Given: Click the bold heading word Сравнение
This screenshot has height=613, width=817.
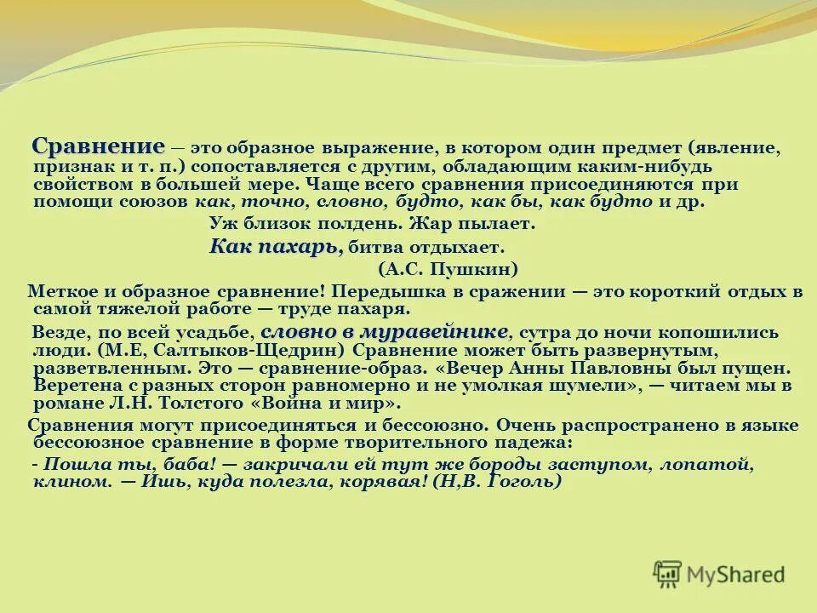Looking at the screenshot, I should [98, 146].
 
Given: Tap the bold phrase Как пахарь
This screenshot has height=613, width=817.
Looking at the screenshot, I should [276, 247].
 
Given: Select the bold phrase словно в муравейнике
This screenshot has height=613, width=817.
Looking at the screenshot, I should [384, 330].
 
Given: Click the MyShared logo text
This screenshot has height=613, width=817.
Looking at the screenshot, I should [737, 574].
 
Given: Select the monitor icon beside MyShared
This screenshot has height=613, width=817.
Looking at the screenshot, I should [668, 573].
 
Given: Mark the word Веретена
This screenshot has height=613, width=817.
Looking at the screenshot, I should [72, 386].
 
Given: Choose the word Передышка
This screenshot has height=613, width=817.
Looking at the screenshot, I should [386, 291].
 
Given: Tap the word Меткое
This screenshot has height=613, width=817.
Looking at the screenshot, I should [60, 291].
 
